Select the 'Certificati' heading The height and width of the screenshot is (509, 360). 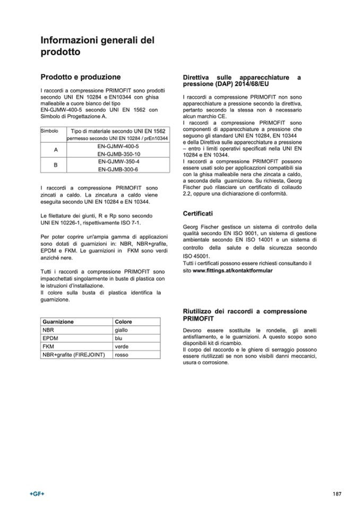click(x=198, y=213)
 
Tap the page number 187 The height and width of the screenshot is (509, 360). click(x=337, y=494)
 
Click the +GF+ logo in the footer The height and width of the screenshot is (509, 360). click(x=37, y=494)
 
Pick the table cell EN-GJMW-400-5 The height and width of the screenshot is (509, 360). click(x=118, y=145)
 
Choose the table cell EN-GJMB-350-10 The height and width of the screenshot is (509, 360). click(x=118, y=153)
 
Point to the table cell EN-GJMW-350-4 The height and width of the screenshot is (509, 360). click(x=118, y=161)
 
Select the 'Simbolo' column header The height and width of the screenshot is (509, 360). click(x=49, y=131)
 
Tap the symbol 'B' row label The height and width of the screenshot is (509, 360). click(x=56, y=165)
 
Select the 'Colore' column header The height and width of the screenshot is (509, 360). click(x=123, y=322)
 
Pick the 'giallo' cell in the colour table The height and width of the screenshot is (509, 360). click(x=122, y=330)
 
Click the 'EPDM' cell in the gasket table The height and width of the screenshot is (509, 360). click(x=50, y=338)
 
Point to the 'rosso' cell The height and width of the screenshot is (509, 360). click(x=122, y=354)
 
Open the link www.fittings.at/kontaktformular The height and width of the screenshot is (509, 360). click(x=233, y=271)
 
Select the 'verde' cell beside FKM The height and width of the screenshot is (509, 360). click(x=122, y=346)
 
